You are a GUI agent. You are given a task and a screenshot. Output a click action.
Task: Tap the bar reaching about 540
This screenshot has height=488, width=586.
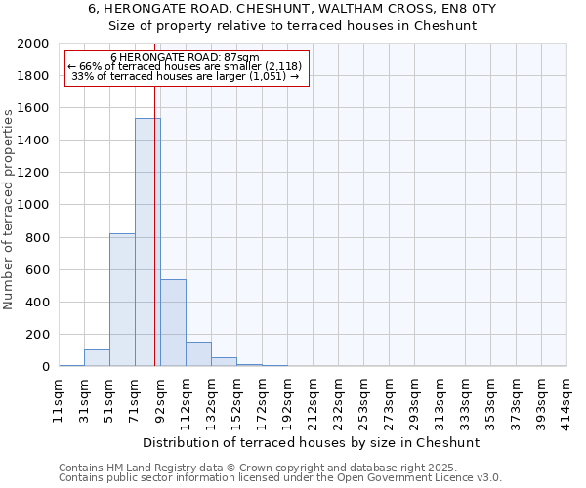click(173, 322)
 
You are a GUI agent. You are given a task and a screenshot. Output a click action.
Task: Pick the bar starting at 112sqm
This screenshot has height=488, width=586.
click(198, 354)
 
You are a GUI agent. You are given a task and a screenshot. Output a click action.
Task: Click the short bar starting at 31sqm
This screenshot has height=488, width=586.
click(97, 358)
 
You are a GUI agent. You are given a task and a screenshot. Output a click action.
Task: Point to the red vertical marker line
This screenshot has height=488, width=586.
click(154, 234)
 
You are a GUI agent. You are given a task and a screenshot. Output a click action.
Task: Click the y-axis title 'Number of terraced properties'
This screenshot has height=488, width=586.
click(9, 210)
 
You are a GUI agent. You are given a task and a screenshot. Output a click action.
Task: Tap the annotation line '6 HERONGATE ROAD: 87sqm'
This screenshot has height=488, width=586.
click(186, 58)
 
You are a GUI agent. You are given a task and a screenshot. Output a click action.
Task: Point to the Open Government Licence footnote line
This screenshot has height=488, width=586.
click(280, 478)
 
